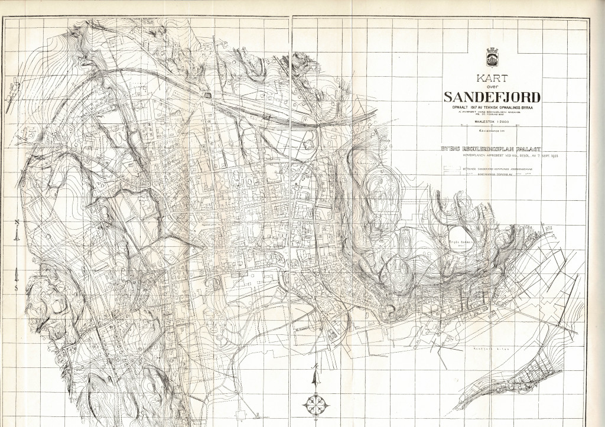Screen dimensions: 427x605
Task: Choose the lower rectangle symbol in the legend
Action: [x=451, y=175]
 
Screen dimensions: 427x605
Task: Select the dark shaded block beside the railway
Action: [x=209, y=95]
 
